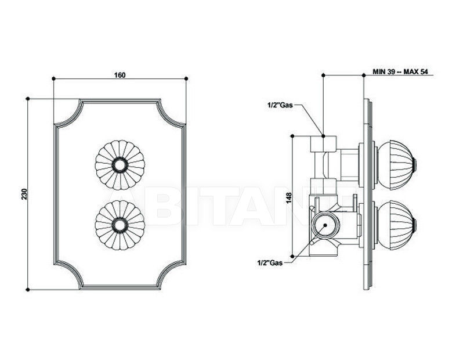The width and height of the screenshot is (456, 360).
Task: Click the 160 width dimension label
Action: pos(120,75)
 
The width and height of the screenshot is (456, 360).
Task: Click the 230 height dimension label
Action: pos(24,194)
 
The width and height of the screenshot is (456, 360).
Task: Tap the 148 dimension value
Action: pos(289,198)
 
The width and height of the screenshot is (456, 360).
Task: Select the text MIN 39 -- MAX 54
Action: pos(400,72)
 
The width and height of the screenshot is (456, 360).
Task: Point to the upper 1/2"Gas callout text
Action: pos(280,105)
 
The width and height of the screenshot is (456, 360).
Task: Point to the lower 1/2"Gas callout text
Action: pos(270,263)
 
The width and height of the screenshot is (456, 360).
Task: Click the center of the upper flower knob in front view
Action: pos(120,165)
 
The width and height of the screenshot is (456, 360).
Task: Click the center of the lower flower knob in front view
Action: pos(120,225)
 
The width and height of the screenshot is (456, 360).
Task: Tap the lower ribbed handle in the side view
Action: pos(397,225)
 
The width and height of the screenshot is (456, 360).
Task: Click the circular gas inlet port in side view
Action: pos(325,225)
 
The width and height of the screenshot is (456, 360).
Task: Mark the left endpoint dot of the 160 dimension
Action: pos(53,78)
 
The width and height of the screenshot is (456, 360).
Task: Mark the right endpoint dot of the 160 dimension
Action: pos(186,78)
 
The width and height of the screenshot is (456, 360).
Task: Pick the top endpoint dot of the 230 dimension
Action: pos(28,99)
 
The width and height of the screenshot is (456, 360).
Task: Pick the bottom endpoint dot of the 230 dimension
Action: pos(28,290)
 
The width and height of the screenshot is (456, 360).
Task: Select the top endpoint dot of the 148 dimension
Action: pos(293,136)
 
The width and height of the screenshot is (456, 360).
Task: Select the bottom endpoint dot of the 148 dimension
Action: pos(293,256)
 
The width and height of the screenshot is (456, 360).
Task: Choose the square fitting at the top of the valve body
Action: pos(324,144)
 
